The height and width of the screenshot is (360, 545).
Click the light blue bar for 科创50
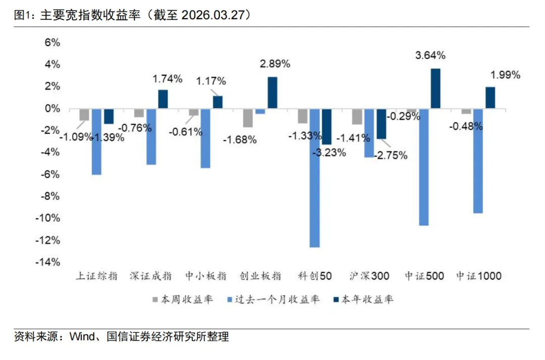314,178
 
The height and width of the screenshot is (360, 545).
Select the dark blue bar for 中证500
435,88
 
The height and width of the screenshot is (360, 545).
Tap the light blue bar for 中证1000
478,161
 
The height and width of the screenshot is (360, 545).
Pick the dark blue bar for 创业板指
272,92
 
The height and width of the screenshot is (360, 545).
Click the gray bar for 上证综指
84,115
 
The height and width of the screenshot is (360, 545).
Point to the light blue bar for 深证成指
151,136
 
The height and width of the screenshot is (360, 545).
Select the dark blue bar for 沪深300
381,124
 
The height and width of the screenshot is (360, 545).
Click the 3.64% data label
430,55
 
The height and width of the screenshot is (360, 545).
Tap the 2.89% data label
275,64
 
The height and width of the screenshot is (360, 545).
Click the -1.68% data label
240,140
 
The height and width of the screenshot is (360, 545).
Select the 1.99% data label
505,75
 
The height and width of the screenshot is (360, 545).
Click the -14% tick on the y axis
47,262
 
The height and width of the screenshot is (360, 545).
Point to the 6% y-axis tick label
52,43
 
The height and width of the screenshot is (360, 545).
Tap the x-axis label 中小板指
205,276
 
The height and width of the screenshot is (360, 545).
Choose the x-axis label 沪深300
369,276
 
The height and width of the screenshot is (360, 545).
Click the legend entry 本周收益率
182,299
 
